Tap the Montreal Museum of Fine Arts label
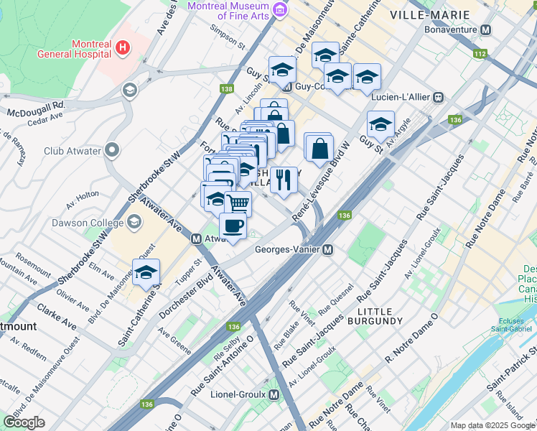[x=230, y=10]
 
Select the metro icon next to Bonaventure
[x=486, y=31]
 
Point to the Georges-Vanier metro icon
[x=327, y=250]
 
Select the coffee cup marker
[x=233, y=226]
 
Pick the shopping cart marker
[x=238, y=203]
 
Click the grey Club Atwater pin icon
[x=111, y=151]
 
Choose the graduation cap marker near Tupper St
[x=146, y=272]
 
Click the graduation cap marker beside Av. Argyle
[x=380, y=124]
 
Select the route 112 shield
[x=480, y=54]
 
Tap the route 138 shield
[x=227, y=89]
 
